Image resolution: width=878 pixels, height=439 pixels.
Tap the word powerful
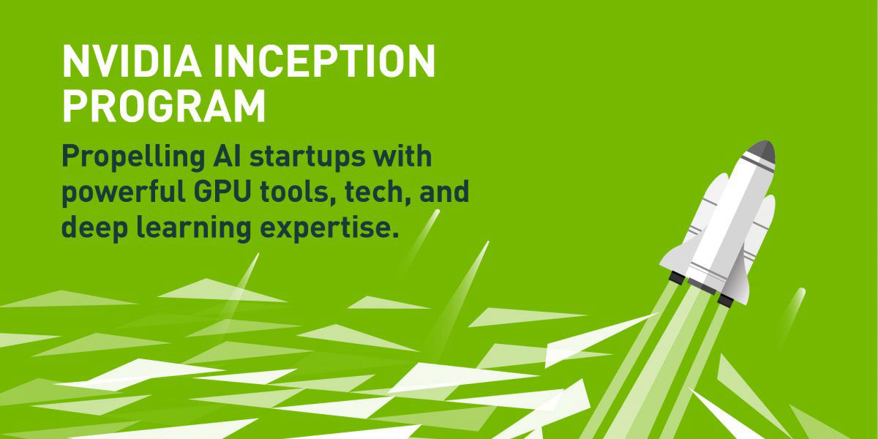(124, 192)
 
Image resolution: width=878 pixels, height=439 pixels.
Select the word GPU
(222, 191)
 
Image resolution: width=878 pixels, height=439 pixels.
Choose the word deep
(95, 228)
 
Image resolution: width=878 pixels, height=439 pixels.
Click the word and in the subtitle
(445, 191)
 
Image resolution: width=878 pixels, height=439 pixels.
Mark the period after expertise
(395, 235)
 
